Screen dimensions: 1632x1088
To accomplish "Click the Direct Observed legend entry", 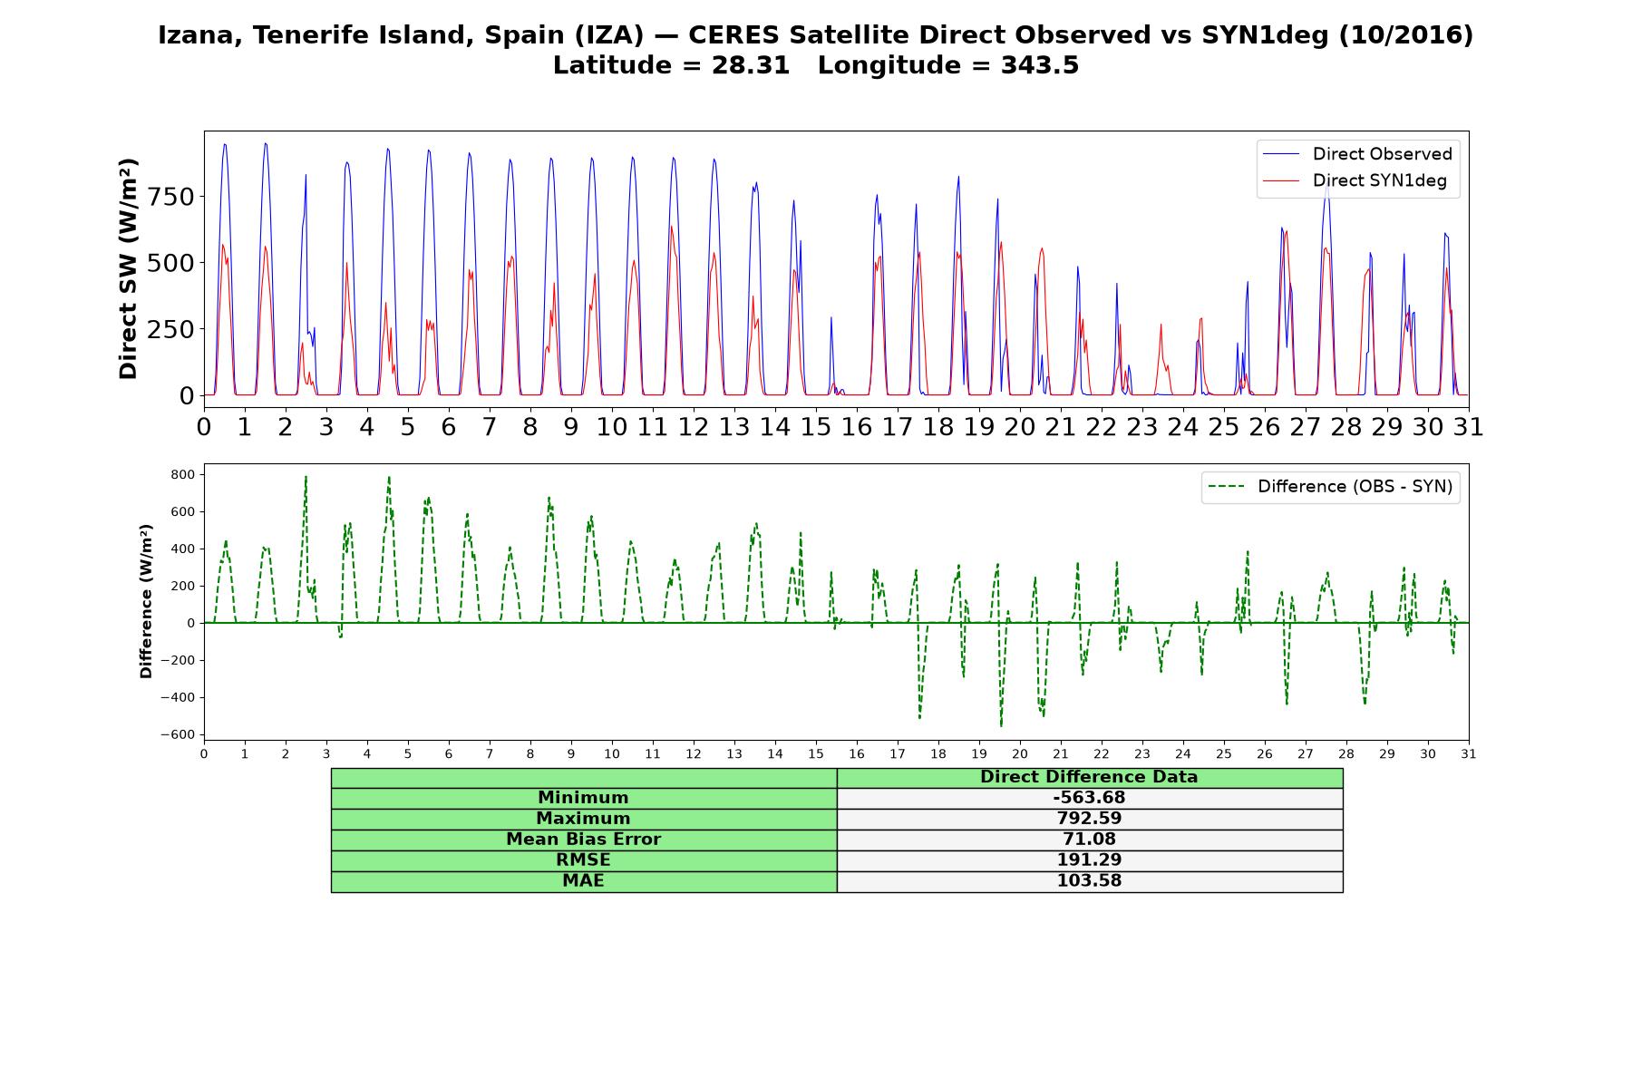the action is click(x=1358, y=154).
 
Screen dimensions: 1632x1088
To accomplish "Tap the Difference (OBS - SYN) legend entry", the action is click(x=1331, y=487).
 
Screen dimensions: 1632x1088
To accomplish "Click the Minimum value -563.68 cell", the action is click(x=1089, y=798).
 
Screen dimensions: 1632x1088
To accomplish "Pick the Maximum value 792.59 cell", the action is click(x=1089, y=819).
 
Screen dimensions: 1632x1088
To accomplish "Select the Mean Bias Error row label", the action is click(x=583, y=840).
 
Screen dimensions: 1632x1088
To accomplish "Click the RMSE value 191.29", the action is click(x=1089, y=860).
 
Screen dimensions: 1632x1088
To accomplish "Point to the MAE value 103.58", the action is click(x=1089, y=881).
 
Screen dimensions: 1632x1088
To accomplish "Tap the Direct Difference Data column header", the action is click(x=1089, y=777).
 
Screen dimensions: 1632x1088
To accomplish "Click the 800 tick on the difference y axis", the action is click(x=183, y=474).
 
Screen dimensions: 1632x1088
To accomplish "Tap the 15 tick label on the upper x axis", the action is click(x=815, y=426).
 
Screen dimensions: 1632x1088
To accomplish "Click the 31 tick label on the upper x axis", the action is click(x=1468, y=426).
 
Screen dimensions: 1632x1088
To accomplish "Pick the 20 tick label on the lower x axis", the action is click(x=1020, y=753).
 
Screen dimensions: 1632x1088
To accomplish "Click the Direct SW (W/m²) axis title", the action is click(x=129, y=268).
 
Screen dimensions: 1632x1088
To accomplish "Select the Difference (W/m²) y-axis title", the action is click(x=146, y=601).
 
